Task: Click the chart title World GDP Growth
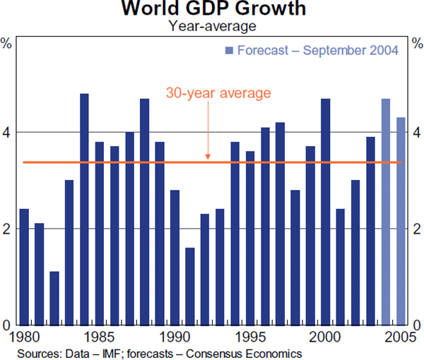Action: tap(213, 10)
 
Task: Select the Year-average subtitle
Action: tap(212, 27)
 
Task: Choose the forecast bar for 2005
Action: tap(401, 220)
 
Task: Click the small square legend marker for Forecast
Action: tap(228, 50)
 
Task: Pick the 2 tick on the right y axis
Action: tap(416, 229)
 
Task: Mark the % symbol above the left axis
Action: tap(6, 43)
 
